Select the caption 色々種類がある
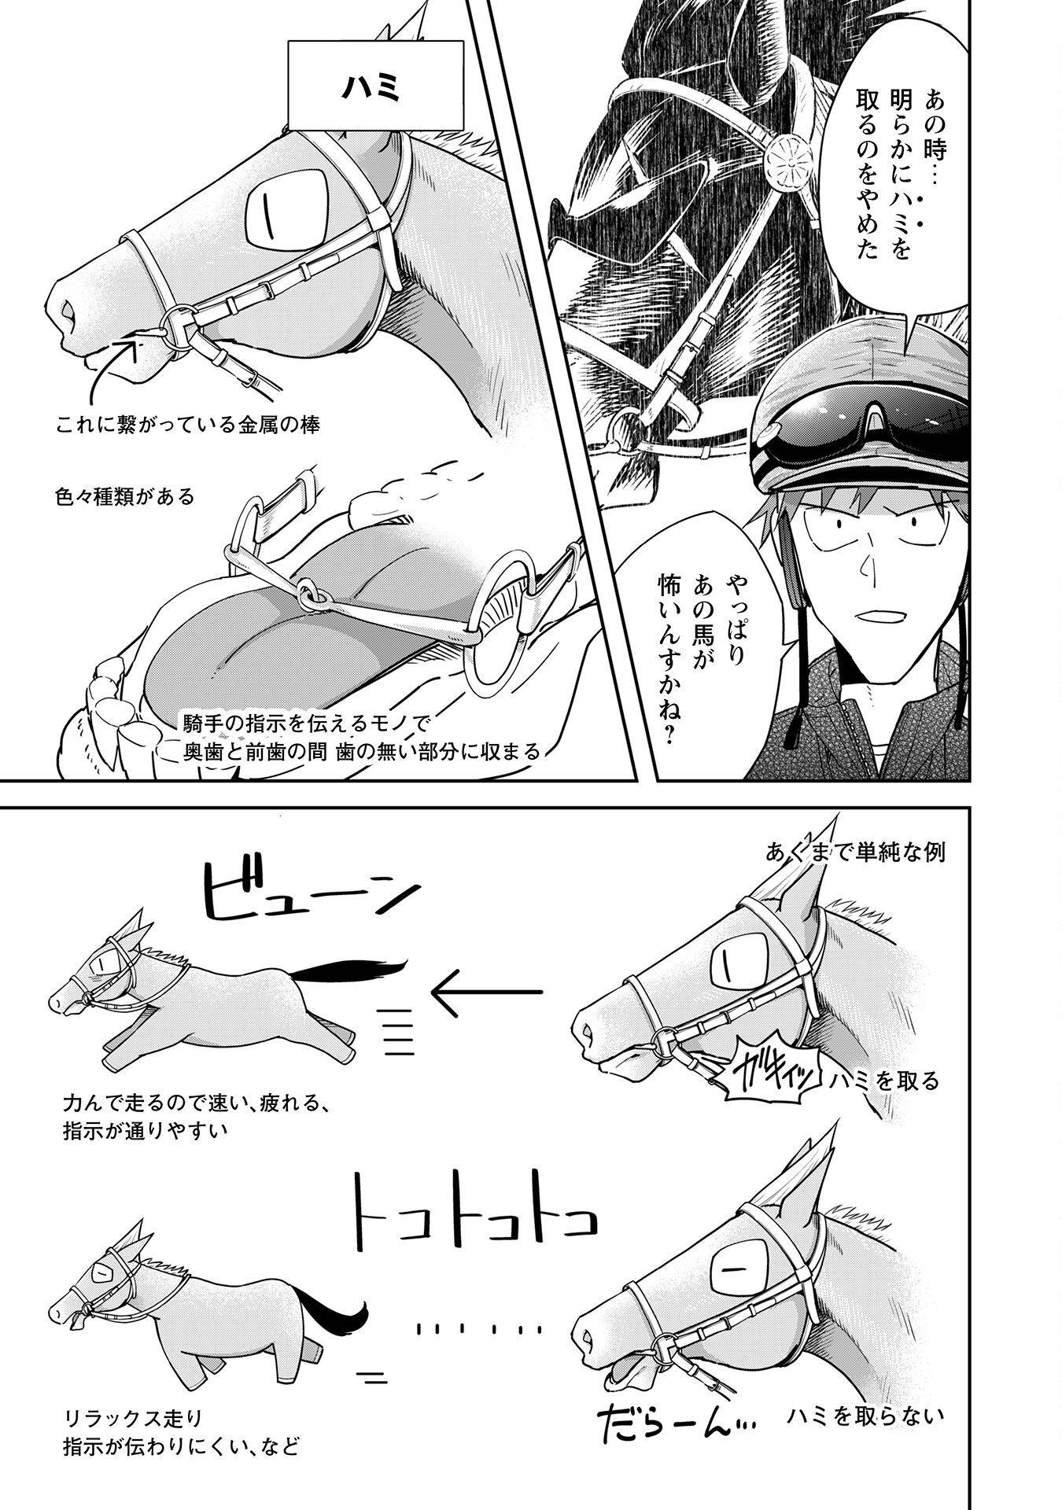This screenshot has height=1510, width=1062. click(x=125, y=496)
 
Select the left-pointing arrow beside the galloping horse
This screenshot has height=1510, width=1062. click(x=486, y=993)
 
